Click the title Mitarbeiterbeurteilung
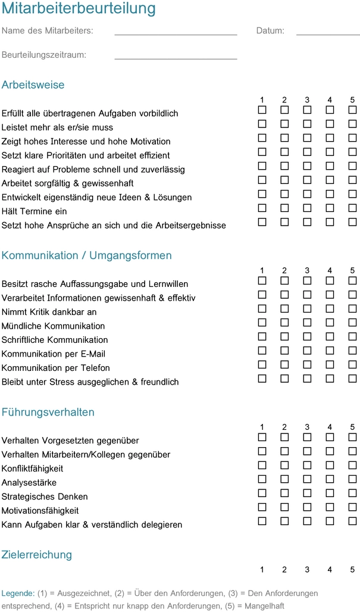click(79, 9)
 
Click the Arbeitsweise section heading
click(33, 85)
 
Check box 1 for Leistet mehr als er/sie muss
click(262, 124)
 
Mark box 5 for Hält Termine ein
click(352, 208)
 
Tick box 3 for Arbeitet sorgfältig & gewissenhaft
click(307, 180)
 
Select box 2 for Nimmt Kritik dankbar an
click(284, 309)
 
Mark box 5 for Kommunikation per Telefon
click(352, 365)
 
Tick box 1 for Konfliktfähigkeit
click(262, 466)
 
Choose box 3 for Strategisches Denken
click(307, 494)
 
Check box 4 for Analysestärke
click(330, 480)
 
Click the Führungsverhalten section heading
click(48, 413)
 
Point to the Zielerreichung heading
click(37, 555)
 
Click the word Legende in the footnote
click(18, 594)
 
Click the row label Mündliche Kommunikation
click(53, 326)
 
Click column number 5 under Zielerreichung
click(352, 570)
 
